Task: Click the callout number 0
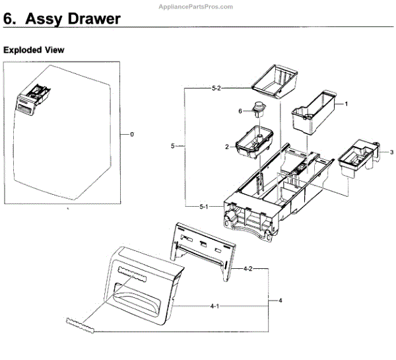(x=132, y=134)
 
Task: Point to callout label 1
(x=346, y=104)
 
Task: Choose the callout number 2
(x=226, y=147)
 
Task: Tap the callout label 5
(x=172, y=146)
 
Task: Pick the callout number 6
(x=242, y=111)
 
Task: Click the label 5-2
(x=217, y=87)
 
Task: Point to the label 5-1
(x=205, y=207)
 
